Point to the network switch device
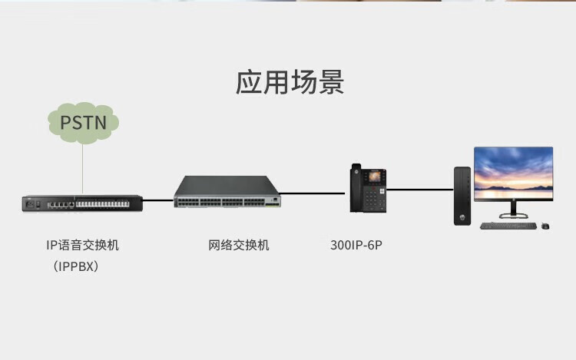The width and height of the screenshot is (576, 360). click(x=227, y=193)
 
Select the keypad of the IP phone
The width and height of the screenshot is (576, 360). click(x=374, y=200)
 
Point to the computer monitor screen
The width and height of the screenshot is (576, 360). click(x=513, y=172)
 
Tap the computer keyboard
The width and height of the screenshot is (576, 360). click(x=507, y=226)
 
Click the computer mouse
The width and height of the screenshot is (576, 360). click(x=545, y=226)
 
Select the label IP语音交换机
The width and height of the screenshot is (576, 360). click(x=82, y=246)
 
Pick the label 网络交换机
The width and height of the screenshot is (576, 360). click(x=239, y=246)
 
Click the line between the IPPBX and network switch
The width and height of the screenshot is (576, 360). click(x=157, y=201)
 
